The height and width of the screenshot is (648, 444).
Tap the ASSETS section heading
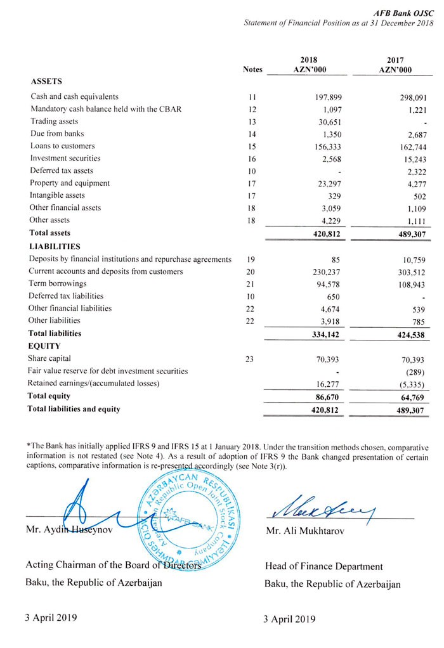(x=46, y=82)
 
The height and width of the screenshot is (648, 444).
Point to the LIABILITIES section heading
(x=55, y=246)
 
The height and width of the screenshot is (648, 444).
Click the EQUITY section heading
(x=44, y=346)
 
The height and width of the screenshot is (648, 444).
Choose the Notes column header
(x=252, y=70)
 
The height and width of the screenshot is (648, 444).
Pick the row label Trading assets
(x=55, y=121)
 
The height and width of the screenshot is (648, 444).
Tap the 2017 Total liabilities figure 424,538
(x=410, y=334)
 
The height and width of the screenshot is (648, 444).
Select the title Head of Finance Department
(x=323, y=566)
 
